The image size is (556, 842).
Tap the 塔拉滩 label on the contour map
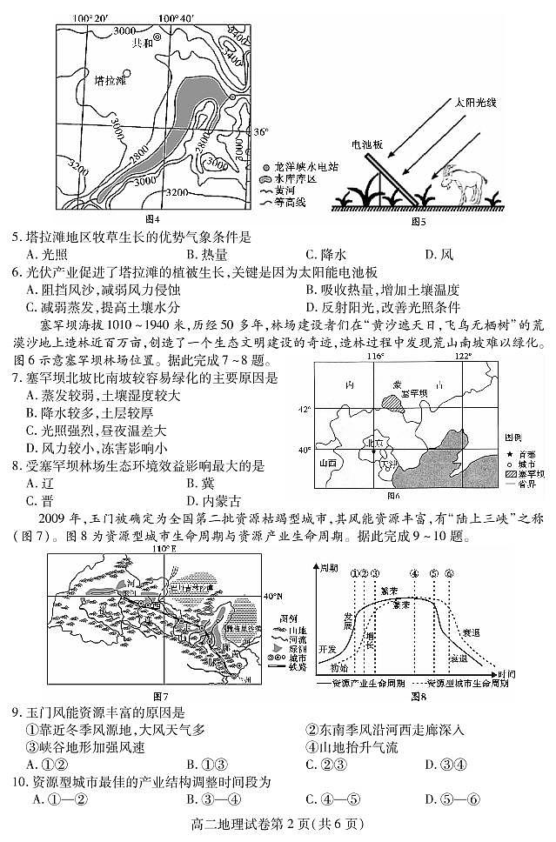click(x=111, y=81)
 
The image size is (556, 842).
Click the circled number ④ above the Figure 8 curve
click(x=413, y=573)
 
